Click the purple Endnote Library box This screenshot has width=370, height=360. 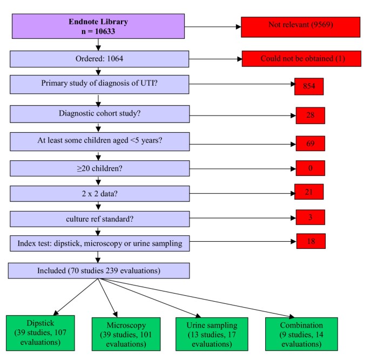[98, 26]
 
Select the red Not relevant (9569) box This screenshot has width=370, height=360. [300, 27]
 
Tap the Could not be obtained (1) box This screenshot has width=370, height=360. [301, 59]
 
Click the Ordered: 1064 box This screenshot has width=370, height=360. [99, 59]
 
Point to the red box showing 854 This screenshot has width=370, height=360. [309, 86]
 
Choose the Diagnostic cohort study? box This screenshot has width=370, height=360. [99, 114]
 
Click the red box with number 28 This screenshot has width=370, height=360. [310, 116]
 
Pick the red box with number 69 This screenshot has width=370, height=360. [310, 144]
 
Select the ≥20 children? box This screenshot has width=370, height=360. [99, 168]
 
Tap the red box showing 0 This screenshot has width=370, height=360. [310, 168]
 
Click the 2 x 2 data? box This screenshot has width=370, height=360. [99, 194]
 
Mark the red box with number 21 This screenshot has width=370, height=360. [309, 192]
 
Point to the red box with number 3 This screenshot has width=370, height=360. [310, 217]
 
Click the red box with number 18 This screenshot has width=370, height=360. [311, 241]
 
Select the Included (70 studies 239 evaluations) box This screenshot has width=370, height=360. [99, 270]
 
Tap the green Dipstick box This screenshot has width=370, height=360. [41, 333]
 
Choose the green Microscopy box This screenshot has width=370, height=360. [126, 334]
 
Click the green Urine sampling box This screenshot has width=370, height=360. [212, 334]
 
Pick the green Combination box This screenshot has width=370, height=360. [301, 334]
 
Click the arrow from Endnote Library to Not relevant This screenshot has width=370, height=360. [213, 26]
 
